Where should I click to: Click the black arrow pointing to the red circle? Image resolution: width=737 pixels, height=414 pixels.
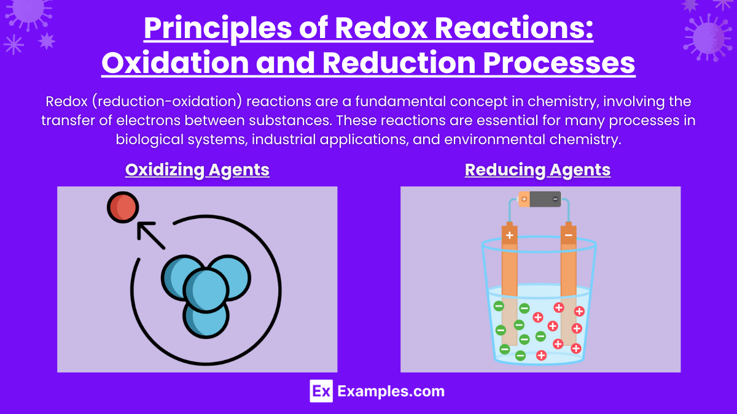pos(150,236)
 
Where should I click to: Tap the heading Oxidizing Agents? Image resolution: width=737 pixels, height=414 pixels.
pos(197,169)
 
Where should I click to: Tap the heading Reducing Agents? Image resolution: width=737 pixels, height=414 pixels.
pos(537,169)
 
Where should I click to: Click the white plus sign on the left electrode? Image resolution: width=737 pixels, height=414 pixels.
pos(509,235)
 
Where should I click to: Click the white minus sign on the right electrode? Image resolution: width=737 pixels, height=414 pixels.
pos(569,235)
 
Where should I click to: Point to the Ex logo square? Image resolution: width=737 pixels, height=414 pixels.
pos(321,391)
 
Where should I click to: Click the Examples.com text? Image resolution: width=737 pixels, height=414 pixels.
pos(391,391)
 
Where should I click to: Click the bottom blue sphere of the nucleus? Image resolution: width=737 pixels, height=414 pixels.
pos(206,315)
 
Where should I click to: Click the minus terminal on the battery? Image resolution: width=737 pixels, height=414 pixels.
pos(555,199)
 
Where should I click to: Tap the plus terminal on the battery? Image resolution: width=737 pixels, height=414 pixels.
pos(524,199)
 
